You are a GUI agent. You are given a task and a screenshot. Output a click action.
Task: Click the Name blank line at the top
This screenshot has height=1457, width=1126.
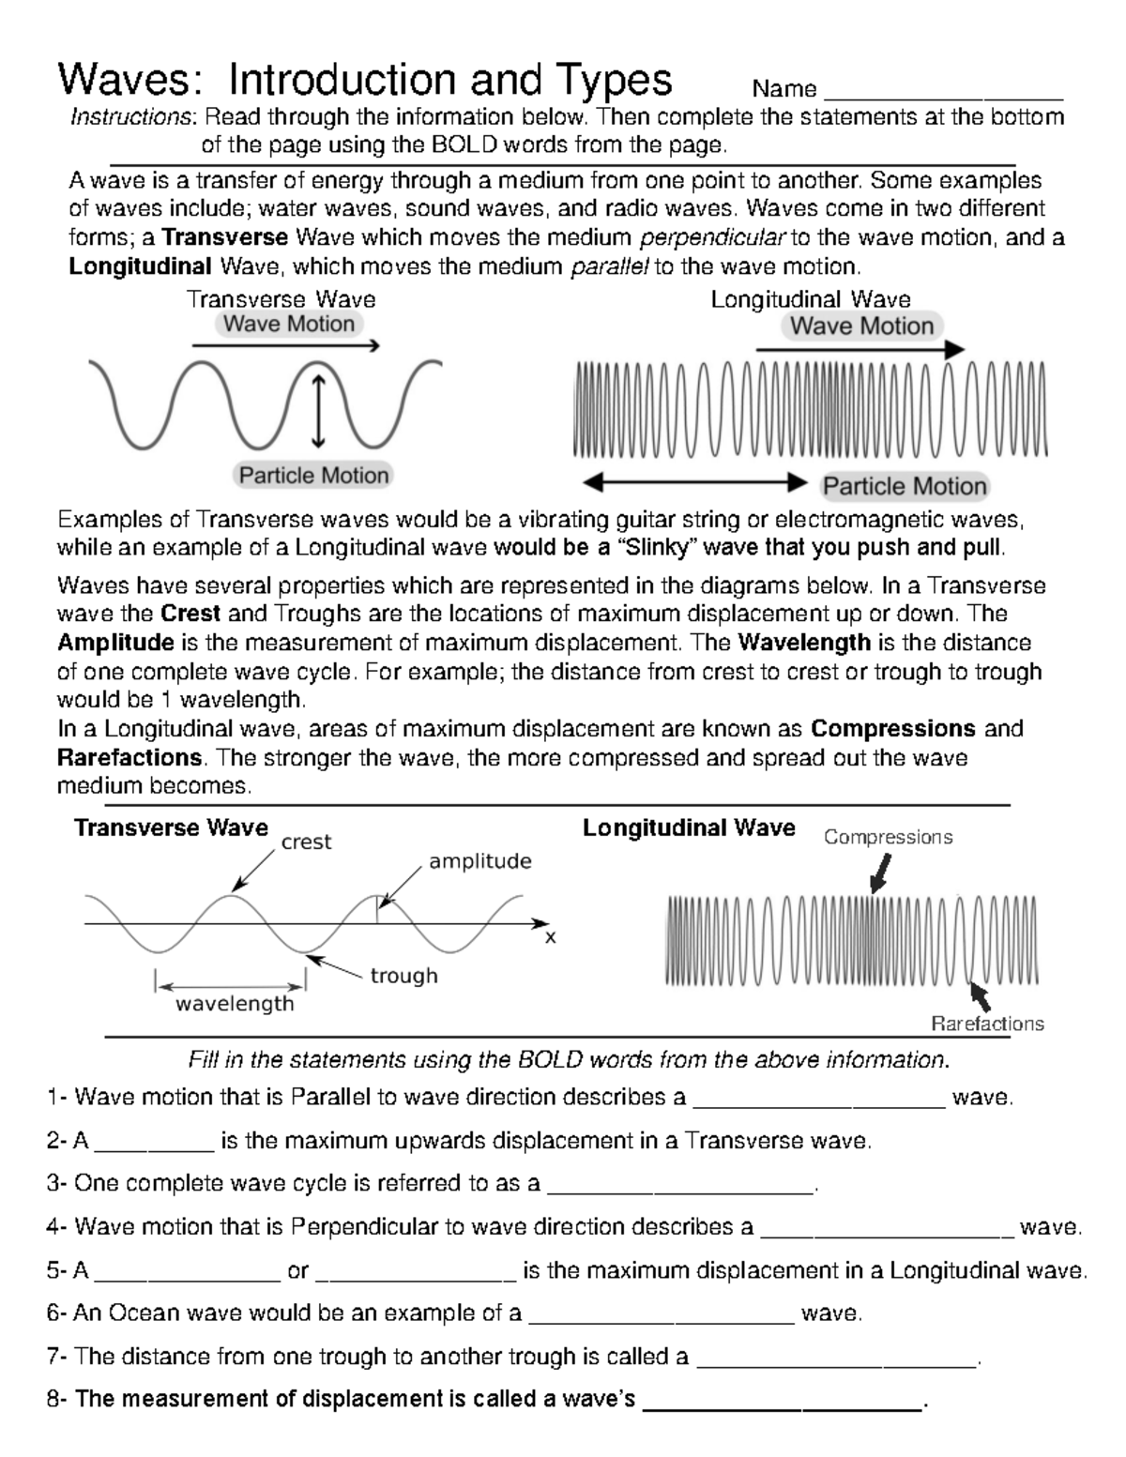[x=941, y=96]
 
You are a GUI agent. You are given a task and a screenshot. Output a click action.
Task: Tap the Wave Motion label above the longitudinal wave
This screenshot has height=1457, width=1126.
[x=861, y=326]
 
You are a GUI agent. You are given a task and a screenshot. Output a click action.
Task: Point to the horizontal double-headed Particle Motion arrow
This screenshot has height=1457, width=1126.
[x=694, y=482]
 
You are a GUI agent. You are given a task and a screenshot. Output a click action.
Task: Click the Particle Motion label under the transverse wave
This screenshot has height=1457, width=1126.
[x=313, y=476]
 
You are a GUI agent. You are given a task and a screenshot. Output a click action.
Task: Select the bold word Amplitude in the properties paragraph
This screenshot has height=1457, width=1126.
[x=115, y=644]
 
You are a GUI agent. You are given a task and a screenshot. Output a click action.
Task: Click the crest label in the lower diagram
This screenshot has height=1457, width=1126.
[x=306, y=842]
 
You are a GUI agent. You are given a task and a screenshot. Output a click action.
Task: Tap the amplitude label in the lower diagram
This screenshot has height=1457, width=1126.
[x=480, y=861]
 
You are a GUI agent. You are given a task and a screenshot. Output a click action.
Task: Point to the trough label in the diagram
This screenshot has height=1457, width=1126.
[x=403, y=976]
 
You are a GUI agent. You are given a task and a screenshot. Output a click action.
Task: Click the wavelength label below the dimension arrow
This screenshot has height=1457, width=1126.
[x=235, y=1004]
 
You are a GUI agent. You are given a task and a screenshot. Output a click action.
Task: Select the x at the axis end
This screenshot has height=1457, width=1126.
[x=551, y=937]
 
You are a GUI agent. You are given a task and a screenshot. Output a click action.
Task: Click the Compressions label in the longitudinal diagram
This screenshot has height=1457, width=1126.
[x=888, y=837]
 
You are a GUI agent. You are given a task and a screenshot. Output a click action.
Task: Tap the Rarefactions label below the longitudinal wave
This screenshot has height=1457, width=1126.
[x=987, y=1024]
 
